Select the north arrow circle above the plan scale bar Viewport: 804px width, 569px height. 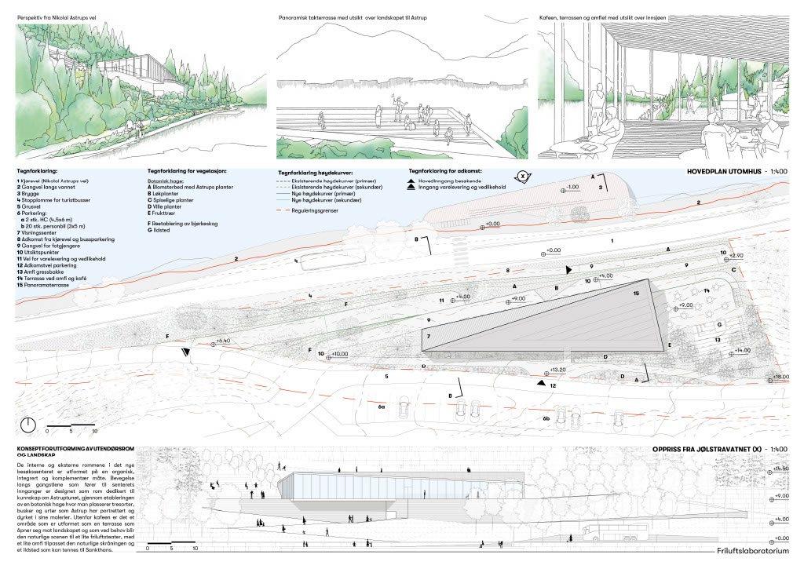coord(28,425)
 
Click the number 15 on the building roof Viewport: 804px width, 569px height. coord(636,292)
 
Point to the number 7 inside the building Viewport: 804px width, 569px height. coord(429,337)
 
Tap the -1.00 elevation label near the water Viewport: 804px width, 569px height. coord(572,188)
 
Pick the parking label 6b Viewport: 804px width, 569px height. coord(546,419)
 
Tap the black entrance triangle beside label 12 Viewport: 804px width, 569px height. coord(542,383)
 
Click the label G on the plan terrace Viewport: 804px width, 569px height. coord(718,323)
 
